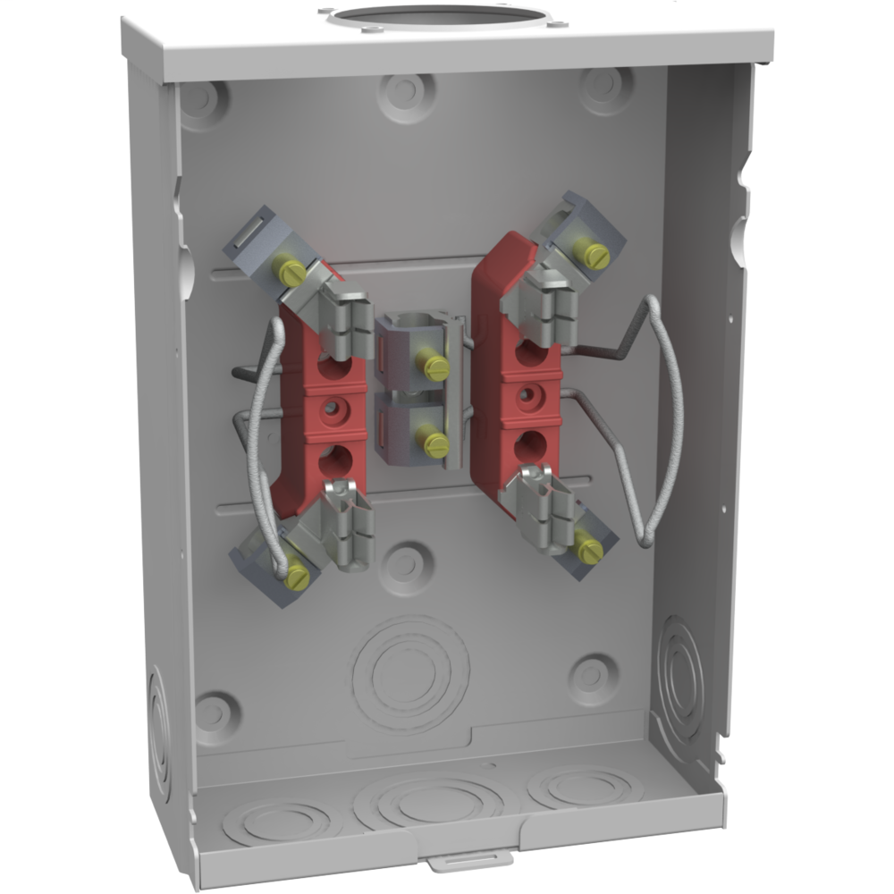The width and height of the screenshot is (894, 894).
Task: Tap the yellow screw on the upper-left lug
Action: (x=290, y=271)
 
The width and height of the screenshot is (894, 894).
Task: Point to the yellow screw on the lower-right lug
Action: (x=589, y=549)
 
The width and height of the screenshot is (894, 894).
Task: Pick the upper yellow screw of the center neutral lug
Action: (x=435, y=366)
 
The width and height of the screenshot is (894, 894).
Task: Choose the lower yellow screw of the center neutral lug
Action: (x=435, y=443)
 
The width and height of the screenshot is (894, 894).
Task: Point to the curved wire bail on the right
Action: (x=666, y=420)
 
